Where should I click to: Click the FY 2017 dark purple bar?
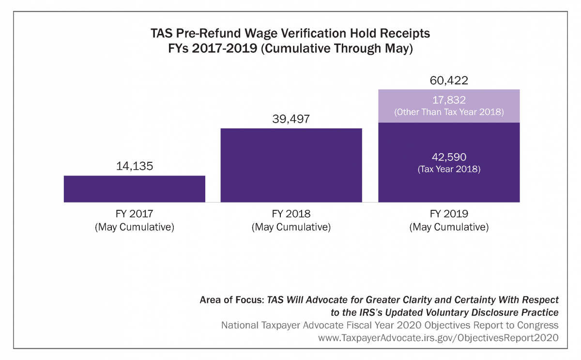coord(135,188)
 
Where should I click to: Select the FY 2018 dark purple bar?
coord(291,165)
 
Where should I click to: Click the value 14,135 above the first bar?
coord(135,166)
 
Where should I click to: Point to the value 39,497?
coord(291,119)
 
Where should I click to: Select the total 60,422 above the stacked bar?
coord(449,80)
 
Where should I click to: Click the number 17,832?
coord(449,100)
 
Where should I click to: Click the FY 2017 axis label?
coord(135,214)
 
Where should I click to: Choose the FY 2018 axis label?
coord(291,214)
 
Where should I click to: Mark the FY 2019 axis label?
coord(449,214)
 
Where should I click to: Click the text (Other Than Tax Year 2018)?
coord(449,112)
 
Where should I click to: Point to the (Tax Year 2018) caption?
coord(449,170)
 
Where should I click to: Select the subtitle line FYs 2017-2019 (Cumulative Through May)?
coord(290,49)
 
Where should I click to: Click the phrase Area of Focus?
coord(231,300)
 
